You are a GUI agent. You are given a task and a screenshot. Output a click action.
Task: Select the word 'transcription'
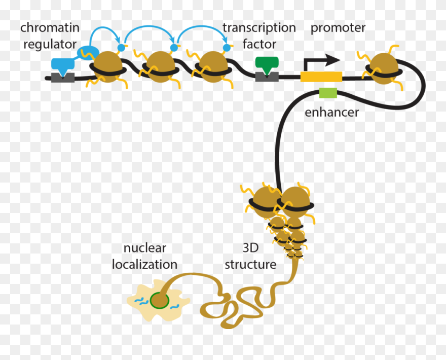[x=259, y=27]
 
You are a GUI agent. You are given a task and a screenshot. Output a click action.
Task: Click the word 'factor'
[x=259, y=44]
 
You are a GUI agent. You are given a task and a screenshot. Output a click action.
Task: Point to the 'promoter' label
[x=338, y=27]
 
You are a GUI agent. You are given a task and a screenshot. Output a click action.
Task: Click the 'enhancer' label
[x=331, y=112]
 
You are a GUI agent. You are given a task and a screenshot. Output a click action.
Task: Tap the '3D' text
[x=250, y=248]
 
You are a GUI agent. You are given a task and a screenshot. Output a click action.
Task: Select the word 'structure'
[x=250, y=265]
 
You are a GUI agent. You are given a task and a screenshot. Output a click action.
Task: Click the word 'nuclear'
[x=145, y=248]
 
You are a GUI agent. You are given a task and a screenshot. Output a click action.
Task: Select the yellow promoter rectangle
[x=321, y=77]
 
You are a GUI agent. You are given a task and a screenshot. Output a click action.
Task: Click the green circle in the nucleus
[x=160, y=300]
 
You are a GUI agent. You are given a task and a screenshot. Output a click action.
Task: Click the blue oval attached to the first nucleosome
[x=88, y=52]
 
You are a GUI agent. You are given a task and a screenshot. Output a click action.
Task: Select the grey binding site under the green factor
[x=267, y=76]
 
